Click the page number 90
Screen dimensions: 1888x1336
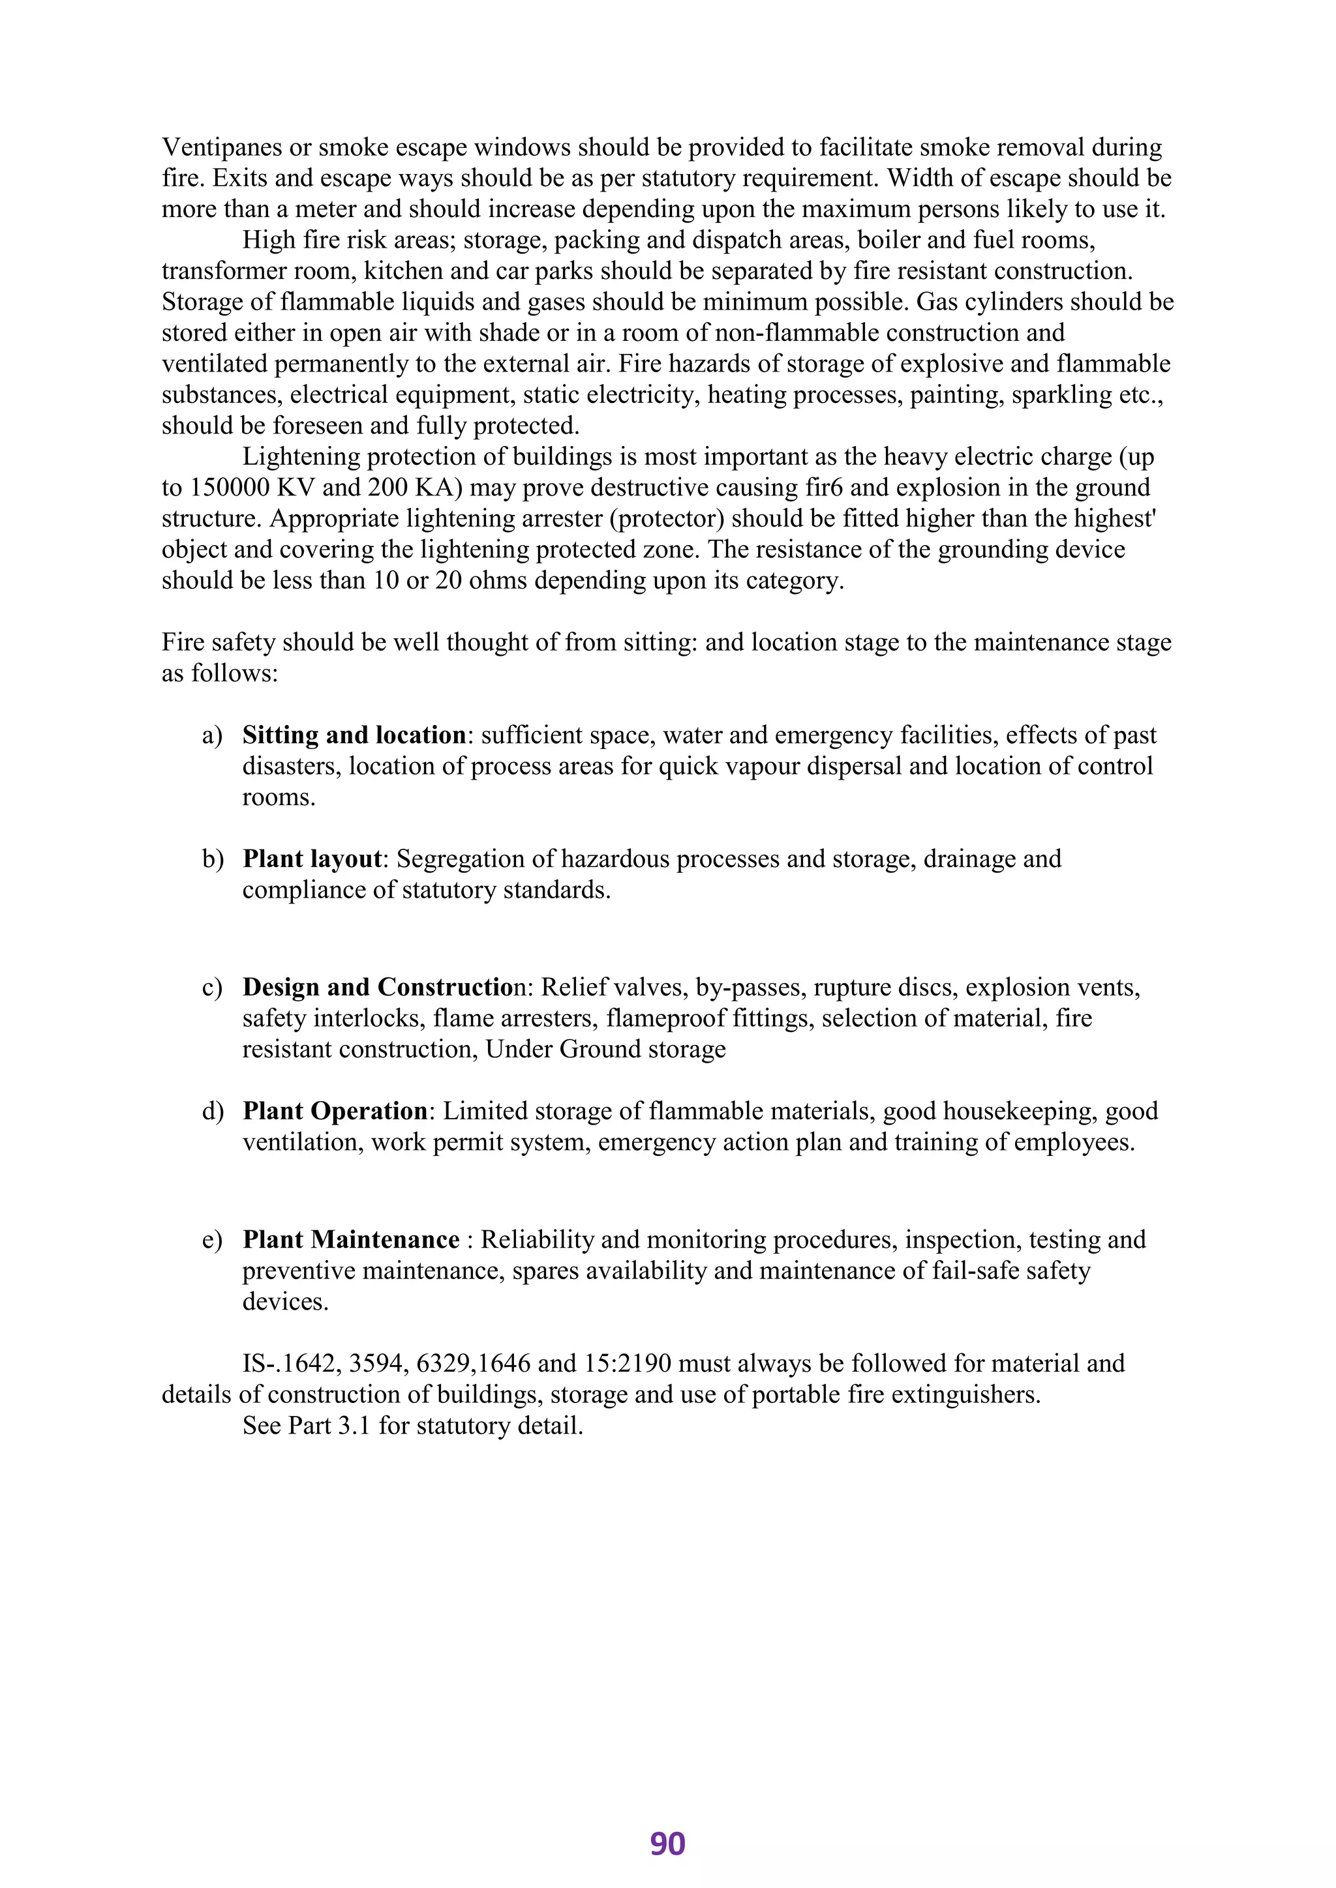click(x=667, y=1844)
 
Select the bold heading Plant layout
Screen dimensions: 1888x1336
click(x=312, y=859)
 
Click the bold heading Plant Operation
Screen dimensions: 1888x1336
click(x=335, y=1111)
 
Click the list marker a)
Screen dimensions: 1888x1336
click(x=212, y=735)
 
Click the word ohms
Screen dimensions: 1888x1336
click(x=499, y=580)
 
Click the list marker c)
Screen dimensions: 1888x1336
click(x=212, y=988)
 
